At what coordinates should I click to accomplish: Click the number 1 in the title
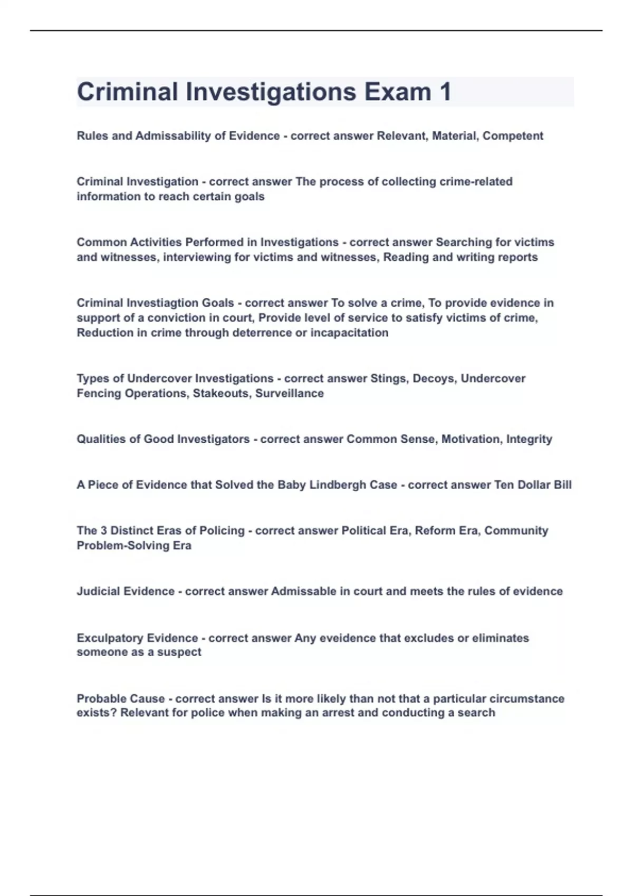[445, 92]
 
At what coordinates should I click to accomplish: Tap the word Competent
[513, 136]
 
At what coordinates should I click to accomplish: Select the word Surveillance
[290, 394]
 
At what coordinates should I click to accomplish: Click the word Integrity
[529, 439]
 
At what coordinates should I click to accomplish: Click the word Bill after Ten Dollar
[562, 485]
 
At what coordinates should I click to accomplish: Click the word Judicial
[98, 591]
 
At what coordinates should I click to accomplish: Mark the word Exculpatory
[110, 638]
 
